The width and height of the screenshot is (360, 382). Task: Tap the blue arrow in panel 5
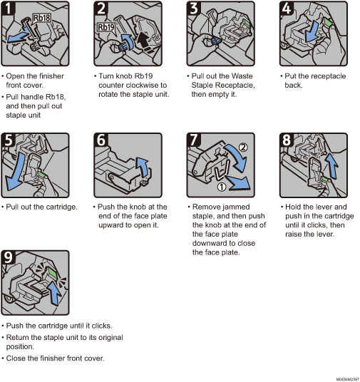tap(14, 171)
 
